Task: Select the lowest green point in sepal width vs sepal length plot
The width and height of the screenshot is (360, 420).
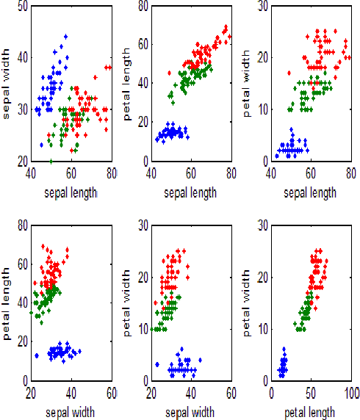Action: tap(51, 161)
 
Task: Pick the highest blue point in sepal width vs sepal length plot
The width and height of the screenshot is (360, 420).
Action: tap(65, 36)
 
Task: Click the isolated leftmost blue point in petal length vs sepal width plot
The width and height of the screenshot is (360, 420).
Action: tap(36, 355)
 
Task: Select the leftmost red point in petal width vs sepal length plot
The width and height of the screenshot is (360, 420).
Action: tap(289, 73)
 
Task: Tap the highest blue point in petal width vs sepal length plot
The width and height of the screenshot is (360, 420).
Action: tap(292, 130)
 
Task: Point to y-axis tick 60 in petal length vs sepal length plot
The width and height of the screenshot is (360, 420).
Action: tap(141, 45)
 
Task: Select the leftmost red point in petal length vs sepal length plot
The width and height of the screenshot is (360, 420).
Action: tap(170, 73)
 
